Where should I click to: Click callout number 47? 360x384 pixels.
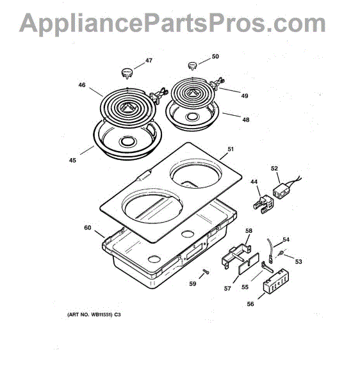149,61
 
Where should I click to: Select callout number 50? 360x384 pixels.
215,56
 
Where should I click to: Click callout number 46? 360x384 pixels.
82,84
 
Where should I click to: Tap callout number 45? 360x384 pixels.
72,160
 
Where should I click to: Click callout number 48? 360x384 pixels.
246,120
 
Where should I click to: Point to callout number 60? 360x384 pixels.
87,227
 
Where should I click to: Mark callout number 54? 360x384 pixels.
286,239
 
